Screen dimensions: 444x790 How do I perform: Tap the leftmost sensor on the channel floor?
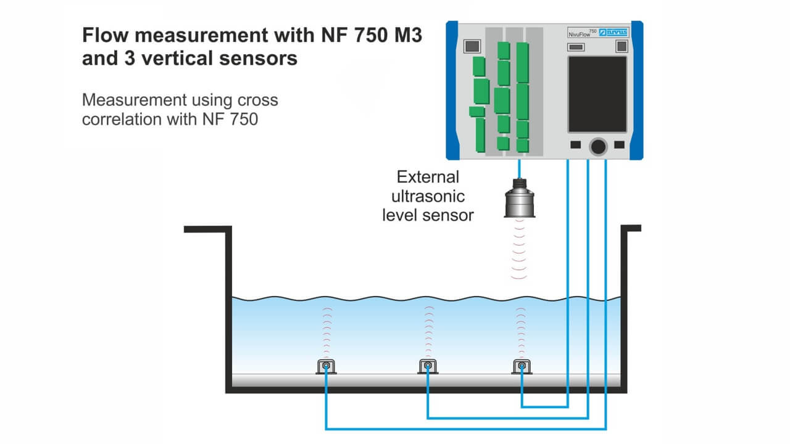[326, 366]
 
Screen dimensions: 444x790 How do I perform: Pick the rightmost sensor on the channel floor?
[522, 366]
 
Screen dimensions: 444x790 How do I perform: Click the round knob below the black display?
[597, 146]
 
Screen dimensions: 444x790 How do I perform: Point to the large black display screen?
[597, 94]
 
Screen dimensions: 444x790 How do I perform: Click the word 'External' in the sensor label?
[428, 178]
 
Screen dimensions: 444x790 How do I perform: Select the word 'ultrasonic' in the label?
[428, 196]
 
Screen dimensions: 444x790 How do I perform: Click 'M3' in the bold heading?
[405, 35]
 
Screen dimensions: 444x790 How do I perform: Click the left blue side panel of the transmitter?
[452, 89]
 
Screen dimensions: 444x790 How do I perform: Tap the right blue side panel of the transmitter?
[637, 89]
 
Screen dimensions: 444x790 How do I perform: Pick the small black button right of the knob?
[620, 145]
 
